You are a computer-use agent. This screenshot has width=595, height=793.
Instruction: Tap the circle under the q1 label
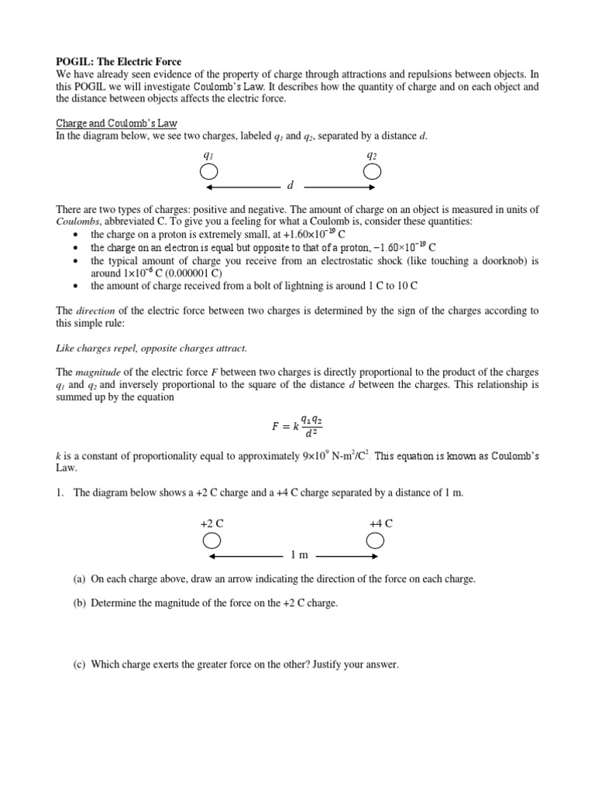coord(208,171)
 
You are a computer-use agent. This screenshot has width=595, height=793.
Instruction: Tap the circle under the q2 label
coord(372,171)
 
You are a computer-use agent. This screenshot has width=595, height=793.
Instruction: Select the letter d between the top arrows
coord(290,187)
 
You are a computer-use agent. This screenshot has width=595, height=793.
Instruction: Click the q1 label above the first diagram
coord(208,155)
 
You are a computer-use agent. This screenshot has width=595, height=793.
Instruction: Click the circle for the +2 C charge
coord(212,540)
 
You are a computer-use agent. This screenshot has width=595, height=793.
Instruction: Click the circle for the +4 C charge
coord(376,540)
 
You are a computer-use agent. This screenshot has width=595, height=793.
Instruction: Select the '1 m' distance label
coord(299,555)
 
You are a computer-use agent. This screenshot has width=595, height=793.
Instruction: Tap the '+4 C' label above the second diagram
coord(381,523)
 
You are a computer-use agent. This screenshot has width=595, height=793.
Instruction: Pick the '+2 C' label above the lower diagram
coord(212,523)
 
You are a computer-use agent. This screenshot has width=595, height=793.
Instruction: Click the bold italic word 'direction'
coord(95,311)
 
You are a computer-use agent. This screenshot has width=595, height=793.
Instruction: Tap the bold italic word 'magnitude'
coord(98,372)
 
